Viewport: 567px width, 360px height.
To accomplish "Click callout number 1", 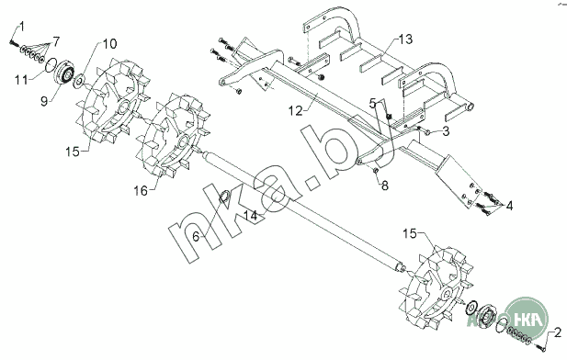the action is click(x=22, y=27).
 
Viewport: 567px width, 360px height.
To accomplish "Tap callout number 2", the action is click(x=558, y=332).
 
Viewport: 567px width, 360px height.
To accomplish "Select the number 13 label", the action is click(x=406, y=39).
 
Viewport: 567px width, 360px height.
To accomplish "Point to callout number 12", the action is click(x=295, y=111).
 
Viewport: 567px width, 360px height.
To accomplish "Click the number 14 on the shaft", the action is click(x=251, y=216).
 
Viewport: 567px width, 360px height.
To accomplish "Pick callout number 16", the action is click(x=141, y=190).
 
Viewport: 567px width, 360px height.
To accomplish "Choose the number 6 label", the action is click(x=196, y=237).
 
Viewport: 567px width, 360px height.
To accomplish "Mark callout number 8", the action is click(x=385, y=186).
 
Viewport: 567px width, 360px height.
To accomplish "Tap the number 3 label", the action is click(x=446, y=131).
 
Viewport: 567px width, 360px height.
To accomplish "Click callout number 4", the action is click(x=509, y=206).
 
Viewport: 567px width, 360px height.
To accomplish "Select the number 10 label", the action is click(x=109, y=44).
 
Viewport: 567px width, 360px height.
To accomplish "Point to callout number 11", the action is click(x=21, y=80).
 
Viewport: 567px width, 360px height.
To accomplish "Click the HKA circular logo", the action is click(x=527, y=318).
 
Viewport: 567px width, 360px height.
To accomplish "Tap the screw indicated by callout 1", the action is click(x=14, y=43).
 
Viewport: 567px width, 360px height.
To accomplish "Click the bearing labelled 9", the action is click(x=64, y=72).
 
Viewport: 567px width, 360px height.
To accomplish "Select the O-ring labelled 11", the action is click(x=51, y=65).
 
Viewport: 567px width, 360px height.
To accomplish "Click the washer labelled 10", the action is click(x=79, y=81).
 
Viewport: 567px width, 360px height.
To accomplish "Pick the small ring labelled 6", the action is click(x=224, y=197).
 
